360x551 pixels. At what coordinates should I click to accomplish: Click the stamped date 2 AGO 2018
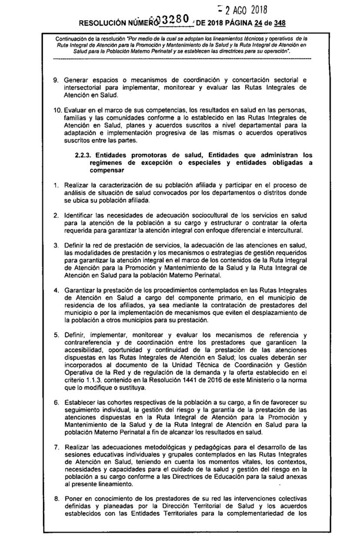click(247, 10)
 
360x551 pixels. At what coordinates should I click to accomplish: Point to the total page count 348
click(280, 23)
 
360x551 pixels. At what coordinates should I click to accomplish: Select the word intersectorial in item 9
click(81, 87)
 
